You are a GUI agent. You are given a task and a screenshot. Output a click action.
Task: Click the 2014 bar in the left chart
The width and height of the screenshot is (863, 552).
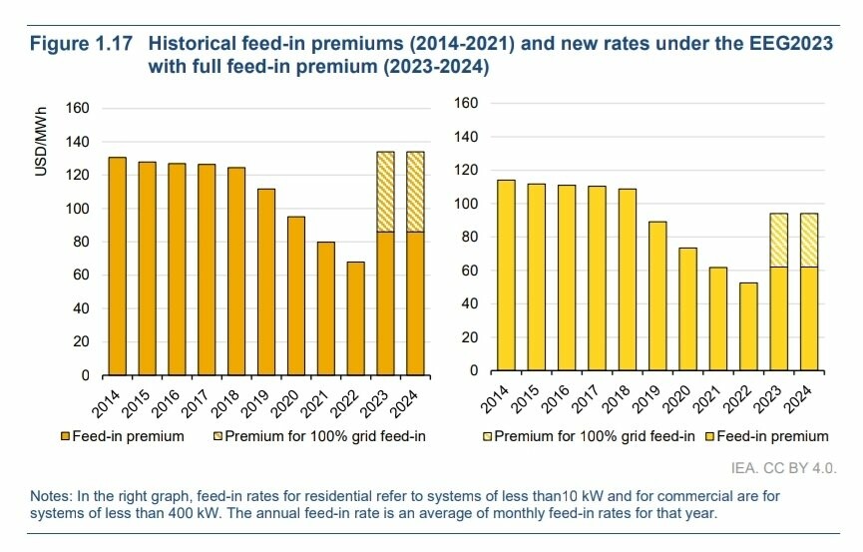click(117, 267)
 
